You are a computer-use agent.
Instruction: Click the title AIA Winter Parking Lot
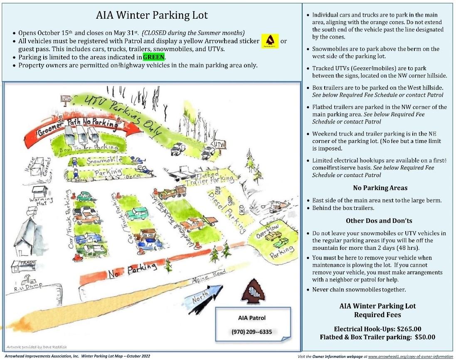pos(152,16)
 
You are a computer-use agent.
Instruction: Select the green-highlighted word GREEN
pos(153,57)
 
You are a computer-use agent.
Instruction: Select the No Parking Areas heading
pos(380,188)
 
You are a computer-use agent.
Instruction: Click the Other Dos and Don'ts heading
pos(379,221)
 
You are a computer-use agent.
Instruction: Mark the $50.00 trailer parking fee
pos(425,337)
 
